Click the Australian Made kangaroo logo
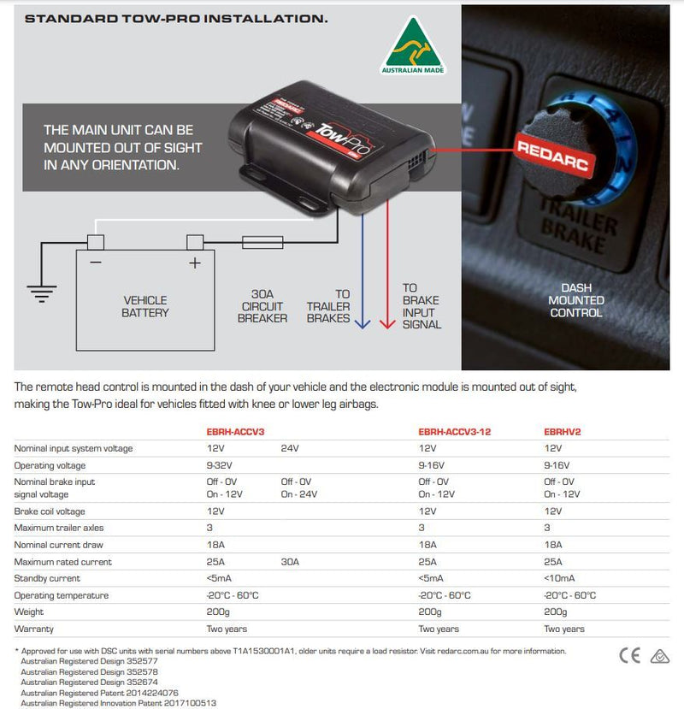point(413,45)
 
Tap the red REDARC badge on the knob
point(554,156)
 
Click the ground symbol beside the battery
point(42,294)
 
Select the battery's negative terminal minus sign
point(96,263)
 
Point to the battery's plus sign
point(195,263)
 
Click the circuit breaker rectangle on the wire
point(262,242)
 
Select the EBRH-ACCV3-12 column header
point(454,432)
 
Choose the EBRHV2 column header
point(563,432)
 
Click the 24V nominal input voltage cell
point(290,448)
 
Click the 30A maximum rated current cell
point(290,562)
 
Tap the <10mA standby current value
point(559,578)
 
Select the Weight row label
point(29,612)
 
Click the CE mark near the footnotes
point(630,656)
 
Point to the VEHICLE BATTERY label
point(145,306)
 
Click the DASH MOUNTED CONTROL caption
point(576,300)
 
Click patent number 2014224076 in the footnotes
point(152,693)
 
